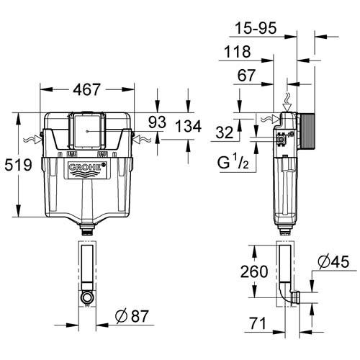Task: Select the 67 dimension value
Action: point(248,76)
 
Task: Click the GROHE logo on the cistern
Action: point(86,171)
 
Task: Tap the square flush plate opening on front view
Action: point(86,131)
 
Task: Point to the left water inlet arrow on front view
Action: point(31,138)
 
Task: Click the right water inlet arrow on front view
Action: point(142,138)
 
